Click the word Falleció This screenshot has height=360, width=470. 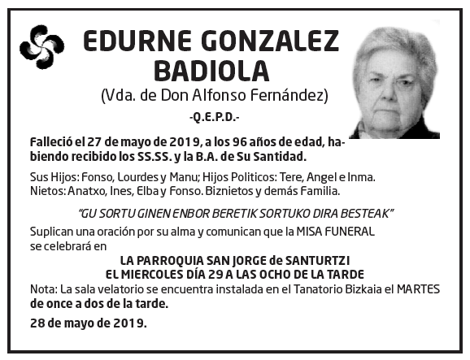pos(53,141)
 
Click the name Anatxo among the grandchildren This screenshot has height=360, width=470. pos(85,192)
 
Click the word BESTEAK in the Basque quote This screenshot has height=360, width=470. pos(366,214)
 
